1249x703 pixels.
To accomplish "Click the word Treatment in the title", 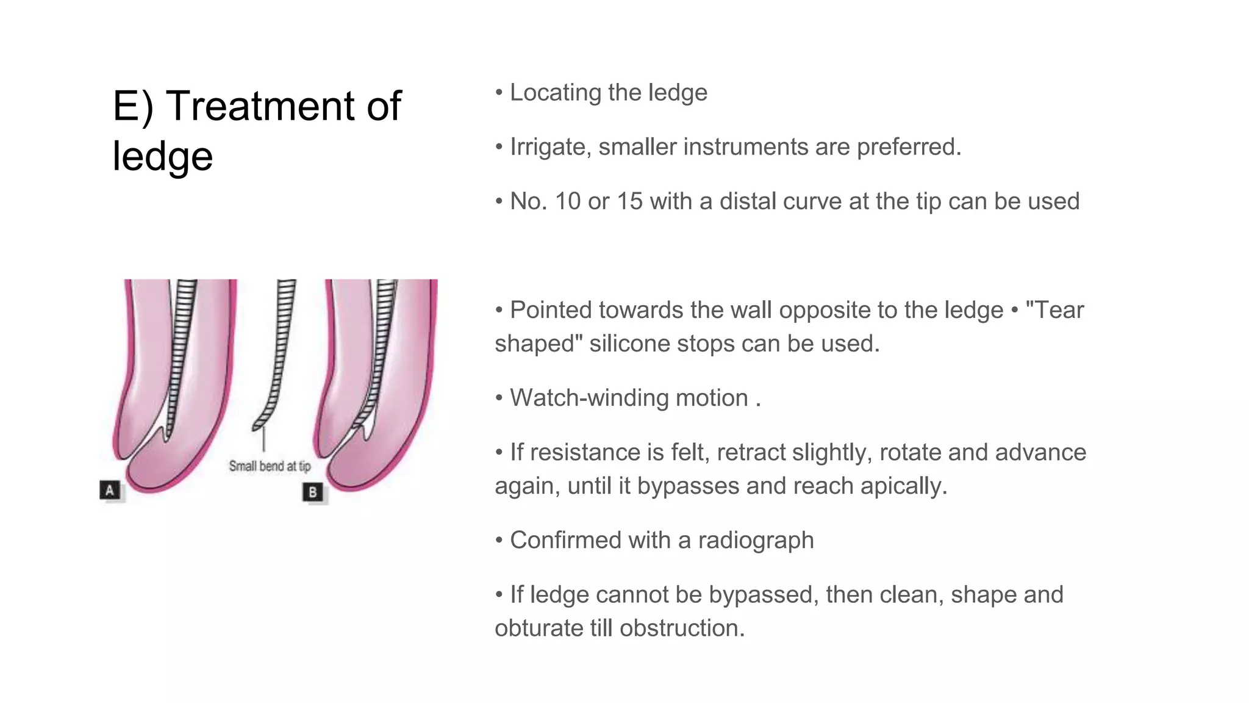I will click(x=260, y=106).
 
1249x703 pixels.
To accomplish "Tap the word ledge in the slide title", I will click(x=162, y=156).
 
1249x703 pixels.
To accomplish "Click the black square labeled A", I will click(x=110, y=490).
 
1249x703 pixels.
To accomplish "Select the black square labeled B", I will click(x=312, y=492).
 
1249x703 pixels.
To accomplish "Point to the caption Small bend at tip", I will click(x=270, y=466).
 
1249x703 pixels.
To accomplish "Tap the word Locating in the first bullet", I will click(x=555, y=93).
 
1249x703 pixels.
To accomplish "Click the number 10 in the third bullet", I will click(x=567, y=201).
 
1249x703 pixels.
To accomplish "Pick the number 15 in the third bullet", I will click(x=629, y=201).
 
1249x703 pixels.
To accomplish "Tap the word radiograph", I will click(x=756, y=541).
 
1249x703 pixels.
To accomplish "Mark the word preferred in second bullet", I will click(x=908, y=147).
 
